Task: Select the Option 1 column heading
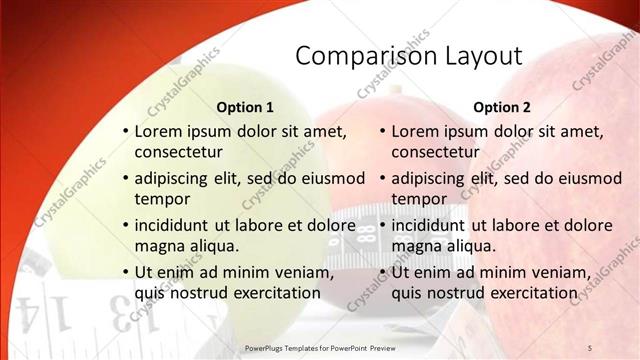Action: click(x=245, y=107)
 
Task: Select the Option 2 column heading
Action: click(x=502, y=107)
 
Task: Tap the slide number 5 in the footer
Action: click(x=589, y=347)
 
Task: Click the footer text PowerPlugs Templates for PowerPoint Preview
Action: click(x=326, y=347)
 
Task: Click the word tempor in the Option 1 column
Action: click(x=163, y=199)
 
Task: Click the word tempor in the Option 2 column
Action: click(x=420, y=199)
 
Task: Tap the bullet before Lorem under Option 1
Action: click(x=125, y=132)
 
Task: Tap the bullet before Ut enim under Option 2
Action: click(x=382, y=273)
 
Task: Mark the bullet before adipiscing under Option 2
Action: click(x=382, y=179)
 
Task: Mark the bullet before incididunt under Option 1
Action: click(x=125, y=226)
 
